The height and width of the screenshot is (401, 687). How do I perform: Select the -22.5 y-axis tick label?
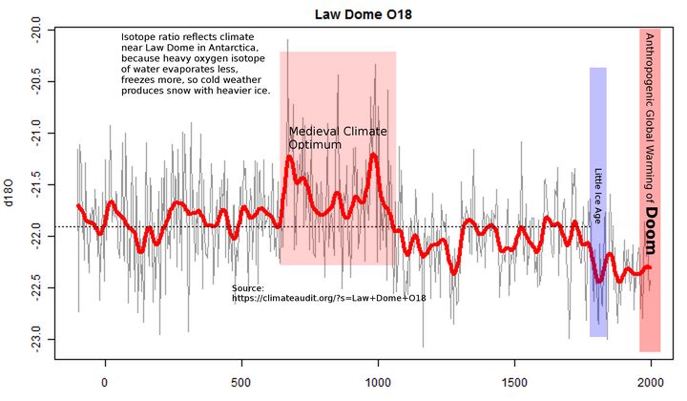coord(35,288)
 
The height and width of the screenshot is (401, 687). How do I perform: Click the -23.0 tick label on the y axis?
coord(35,340)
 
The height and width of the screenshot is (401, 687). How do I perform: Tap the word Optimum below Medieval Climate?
coord(315,145)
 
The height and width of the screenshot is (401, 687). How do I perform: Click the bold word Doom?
coord(650,234)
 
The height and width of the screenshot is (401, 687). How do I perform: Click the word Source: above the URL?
coord(248,287)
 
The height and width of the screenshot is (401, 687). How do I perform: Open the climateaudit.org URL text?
coord(328,299)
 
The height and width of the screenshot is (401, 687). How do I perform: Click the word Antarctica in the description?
coord(241,49)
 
